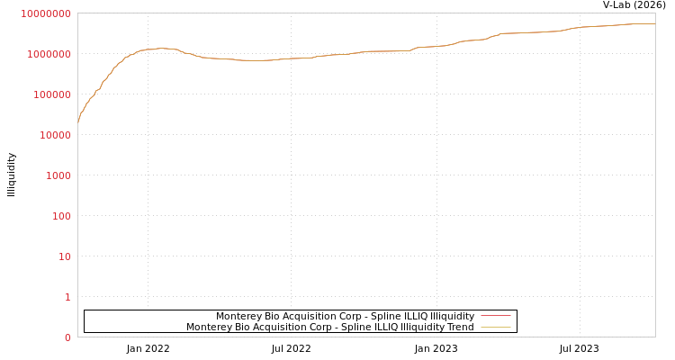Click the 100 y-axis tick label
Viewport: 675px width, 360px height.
pos(60,216)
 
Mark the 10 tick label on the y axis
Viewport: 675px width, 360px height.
pos(64,256)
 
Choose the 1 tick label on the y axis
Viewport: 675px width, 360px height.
pos(67,297)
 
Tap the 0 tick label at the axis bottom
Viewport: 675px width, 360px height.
pos(67,337)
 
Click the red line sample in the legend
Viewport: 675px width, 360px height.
pos(495,316)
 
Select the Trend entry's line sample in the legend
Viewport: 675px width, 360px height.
pos(495,327)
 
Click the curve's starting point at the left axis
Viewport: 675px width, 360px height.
pos(78,121)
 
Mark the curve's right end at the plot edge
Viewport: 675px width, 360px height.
pos(654,24)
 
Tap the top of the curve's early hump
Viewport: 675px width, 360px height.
pos(162,49)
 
